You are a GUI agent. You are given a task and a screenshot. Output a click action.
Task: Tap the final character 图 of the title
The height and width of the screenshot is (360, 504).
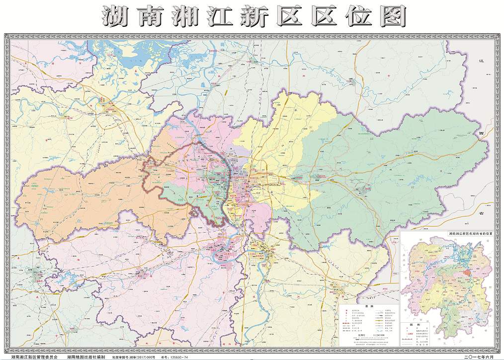(392, 17)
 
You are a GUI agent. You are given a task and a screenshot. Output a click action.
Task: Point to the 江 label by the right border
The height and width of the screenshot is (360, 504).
(481, 60)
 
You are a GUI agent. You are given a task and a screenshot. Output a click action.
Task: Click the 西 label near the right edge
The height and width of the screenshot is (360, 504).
(481, 135)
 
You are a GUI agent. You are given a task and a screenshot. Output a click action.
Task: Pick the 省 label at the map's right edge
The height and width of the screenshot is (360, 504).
(481, 212)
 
